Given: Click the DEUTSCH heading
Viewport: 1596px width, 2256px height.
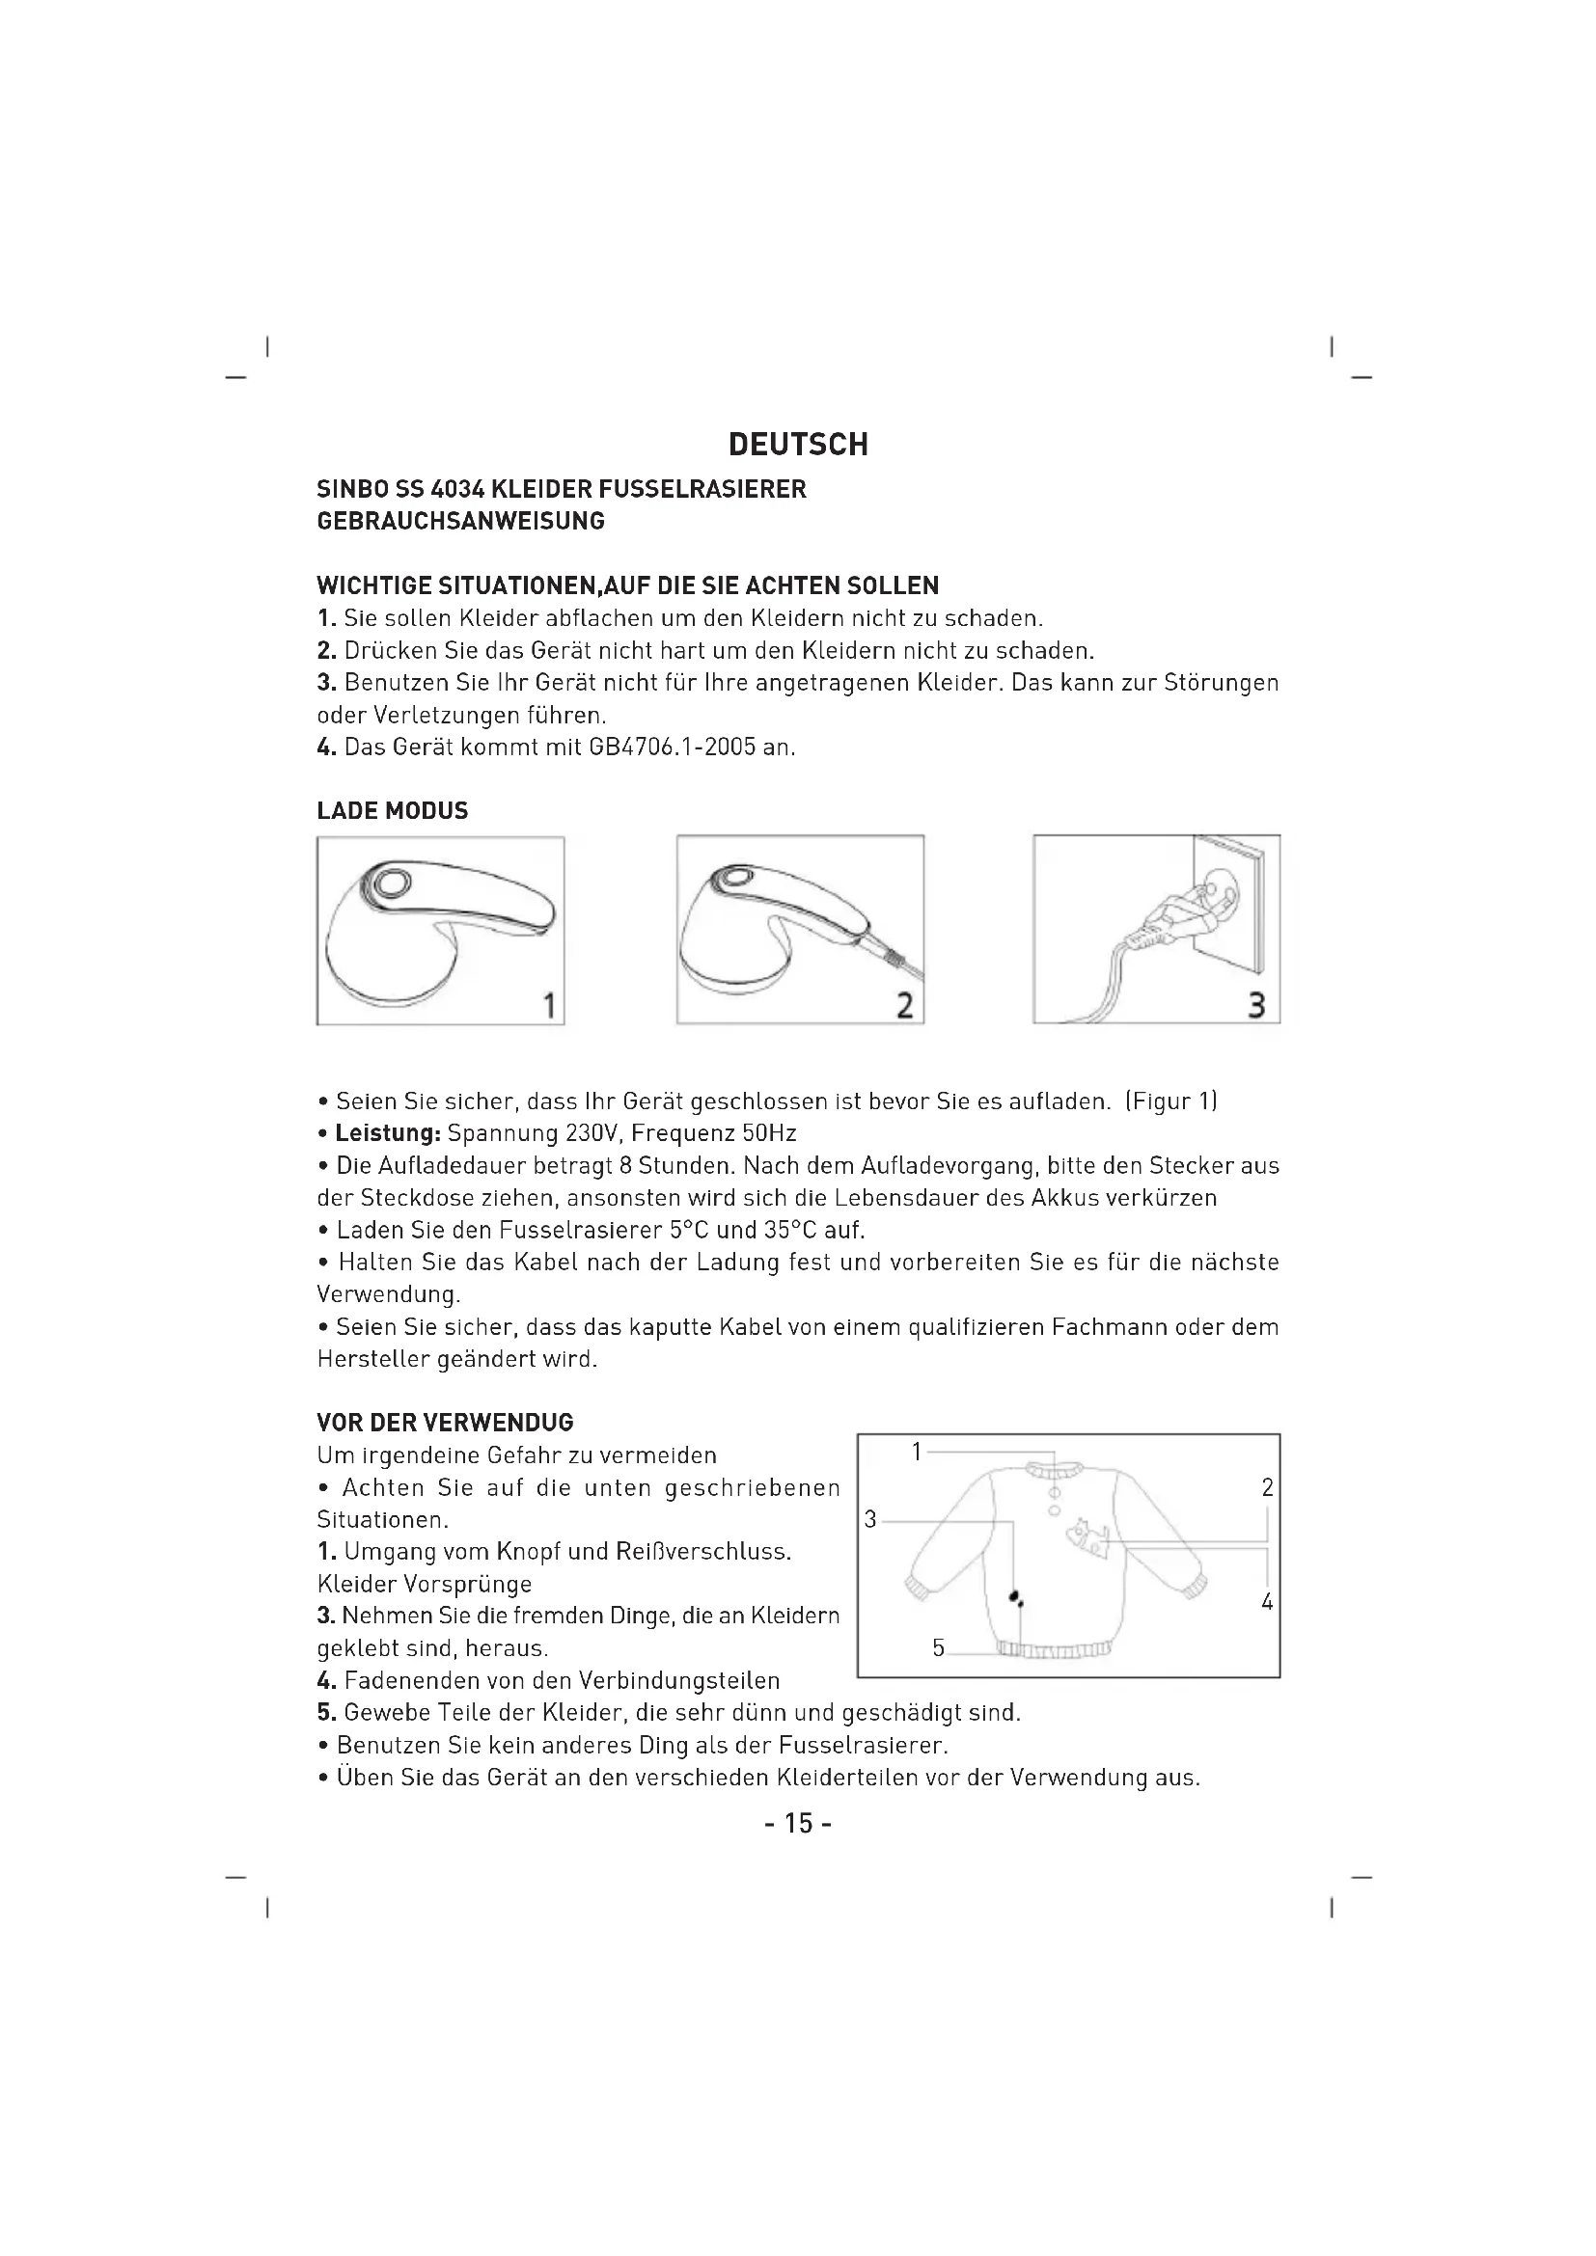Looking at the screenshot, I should pos(798,444).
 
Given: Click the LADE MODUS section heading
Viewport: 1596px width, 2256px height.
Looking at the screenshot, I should pos(392,810).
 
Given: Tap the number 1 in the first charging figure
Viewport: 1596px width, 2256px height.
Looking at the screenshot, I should pos(549,1005).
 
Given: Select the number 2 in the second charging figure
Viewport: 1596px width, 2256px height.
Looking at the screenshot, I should pos(905,1005).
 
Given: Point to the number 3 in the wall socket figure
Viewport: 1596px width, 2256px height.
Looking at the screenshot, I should pos(1256,1005).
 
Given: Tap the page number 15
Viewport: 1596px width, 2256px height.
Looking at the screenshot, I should pos(798,1824).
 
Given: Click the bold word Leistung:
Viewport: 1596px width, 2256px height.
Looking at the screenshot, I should pos(387,1134).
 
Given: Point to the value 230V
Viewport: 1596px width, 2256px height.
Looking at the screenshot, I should pos(592,1134).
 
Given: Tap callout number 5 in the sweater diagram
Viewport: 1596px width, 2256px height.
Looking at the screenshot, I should pos(939,1646).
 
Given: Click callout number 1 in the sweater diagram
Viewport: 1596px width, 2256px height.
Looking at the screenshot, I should pos(917,1452).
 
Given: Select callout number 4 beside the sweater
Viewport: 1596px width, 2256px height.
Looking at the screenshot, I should pos(1268,1602).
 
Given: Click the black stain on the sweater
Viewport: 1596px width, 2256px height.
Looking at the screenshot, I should pos(1016,1597).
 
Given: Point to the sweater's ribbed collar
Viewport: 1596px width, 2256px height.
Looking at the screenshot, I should pos(1055,1470).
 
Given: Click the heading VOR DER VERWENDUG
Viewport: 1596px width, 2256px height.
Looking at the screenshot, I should pos(444,1423).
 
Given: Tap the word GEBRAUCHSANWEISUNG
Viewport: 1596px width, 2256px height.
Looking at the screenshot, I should pos(460,521).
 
